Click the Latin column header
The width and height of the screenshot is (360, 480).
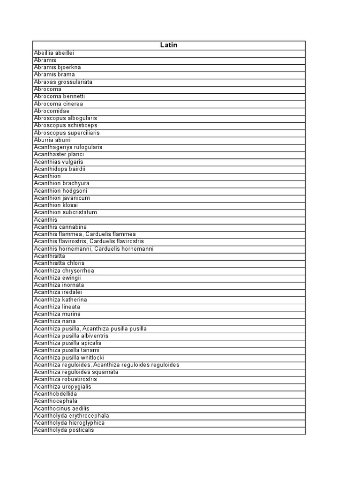click(169, 45)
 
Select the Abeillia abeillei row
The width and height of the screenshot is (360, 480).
click(54, 53)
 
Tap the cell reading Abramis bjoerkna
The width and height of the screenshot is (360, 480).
click(57, 67)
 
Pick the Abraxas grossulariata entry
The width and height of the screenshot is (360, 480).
click(63, 82)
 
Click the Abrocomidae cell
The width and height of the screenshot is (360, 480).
click(52, 111)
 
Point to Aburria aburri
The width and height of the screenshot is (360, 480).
click(52, 140)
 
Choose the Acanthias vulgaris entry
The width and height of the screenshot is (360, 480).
click(59, 162)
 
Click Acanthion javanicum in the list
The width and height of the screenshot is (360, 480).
click(62, 198)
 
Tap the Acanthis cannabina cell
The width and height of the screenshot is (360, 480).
click(60, 227)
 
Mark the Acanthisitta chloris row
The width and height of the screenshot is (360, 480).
click(59, 263)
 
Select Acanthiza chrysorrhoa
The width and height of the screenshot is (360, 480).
click(64, 271)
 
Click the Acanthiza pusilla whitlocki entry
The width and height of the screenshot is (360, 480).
click(67, 358)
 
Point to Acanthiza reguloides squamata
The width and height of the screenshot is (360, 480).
click(76, 372)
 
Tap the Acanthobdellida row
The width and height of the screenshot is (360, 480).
click(55, 394)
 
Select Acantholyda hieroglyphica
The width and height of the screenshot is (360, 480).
click(69, 423)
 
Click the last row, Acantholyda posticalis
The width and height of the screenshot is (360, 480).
click(64, 430)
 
